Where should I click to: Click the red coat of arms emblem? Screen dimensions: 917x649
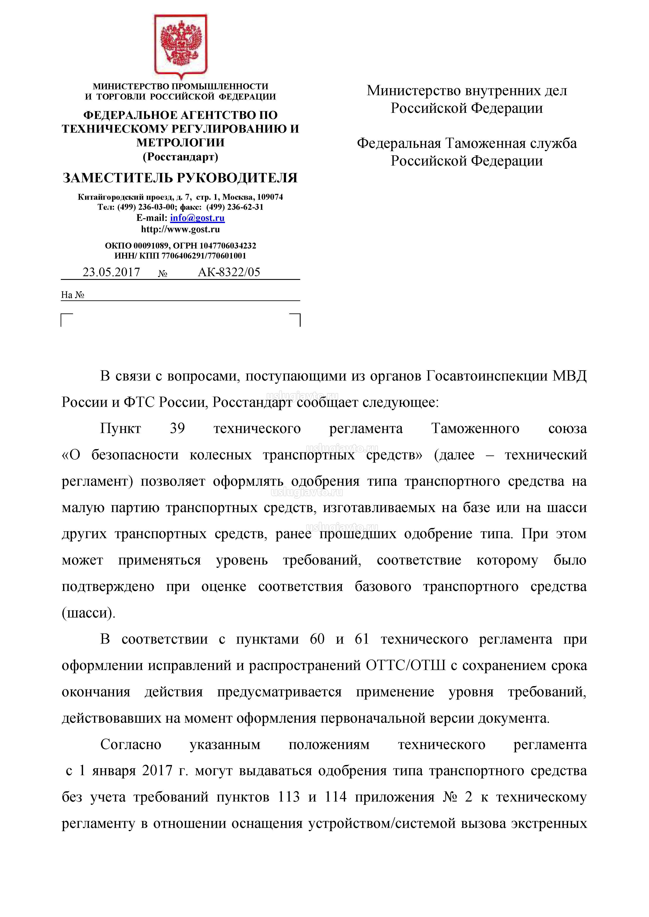coord(181,44)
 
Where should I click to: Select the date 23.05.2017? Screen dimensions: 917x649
coord(111,272)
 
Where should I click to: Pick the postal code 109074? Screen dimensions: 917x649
coord(270,197)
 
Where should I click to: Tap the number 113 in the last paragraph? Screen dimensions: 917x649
coord(289,797)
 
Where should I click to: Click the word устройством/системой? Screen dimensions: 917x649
coord(382,824)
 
